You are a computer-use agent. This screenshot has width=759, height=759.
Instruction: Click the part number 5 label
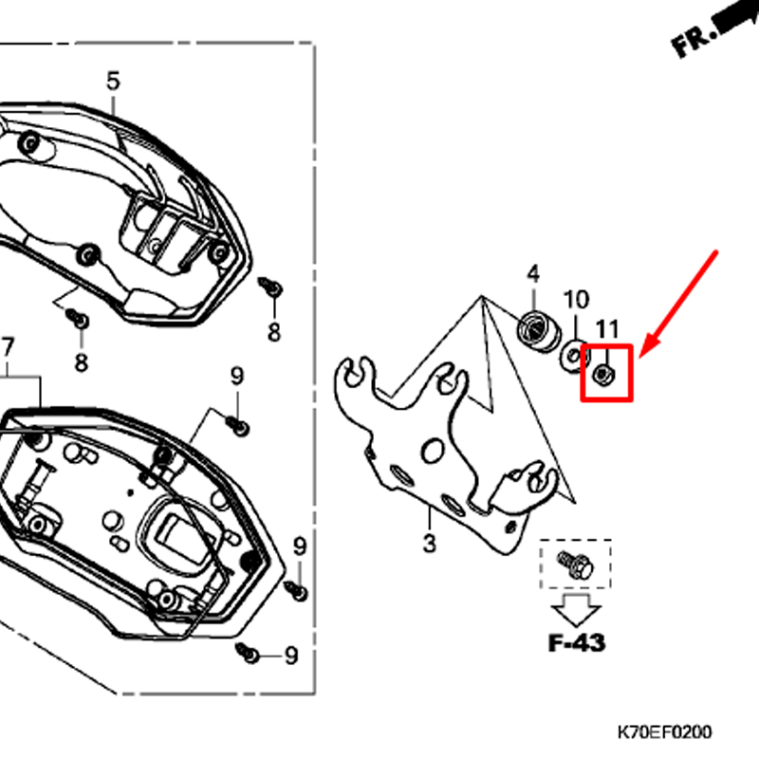click(113, 82)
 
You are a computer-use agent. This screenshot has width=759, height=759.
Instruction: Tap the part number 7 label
click(8, 347)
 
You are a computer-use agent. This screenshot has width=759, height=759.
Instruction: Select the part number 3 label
click(430, 543)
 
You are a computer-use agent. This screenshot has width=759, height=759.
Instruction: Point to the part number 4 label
click(533, 274)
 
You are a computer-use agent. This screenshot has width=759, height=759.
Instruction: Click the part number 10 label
click(576, 300)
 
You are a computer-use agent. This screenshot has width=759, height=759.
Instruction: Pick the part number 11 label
click(607, 329)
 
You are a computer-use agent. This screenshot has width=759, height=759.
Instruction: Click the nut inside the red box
click(603, 374)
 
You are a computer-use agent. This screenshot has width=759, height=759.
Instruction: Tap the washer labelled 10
click(575, 357)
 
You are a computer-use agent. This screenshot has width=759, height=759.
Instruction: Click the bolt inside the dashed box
click(576, 565)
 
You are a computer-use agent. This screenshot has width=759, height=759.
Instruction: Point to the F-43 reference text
click(577, 643)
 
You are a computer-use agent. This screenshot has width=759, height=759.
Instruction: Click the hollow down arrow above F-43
click(576, 610)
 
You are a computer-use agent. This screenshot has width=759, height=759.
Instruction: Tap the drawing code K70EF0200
click(665, 731)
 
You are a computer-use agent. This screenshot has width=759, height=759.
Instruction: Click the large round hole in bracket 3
click(434, 451)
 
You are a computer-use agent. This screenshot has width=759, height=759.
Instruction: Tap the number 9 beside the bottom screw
click(291, 656)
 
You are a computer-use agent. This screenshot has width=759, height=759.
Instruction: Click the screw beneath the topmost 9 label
click(238, 426)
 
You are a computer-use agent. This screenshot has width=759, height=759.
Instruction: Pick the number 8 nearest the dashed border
click(274, 332)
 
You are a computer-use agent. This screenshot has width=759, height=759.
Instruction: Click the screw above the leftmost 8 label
click(78, 318)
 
